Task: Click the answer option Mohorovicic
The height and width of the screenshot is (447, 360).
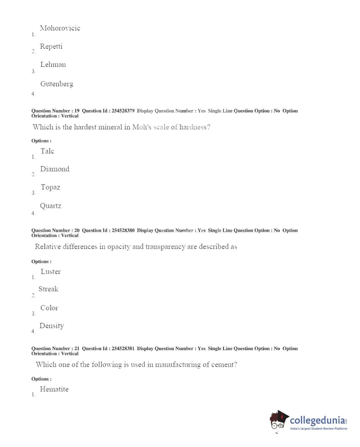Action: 60,28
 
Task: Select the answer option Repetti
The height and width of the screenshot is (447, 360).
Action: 51,47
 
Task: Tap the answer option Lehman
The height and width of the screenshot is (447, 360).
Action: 53,65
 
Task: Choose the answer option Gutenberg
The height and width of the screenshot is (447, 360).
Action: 57,84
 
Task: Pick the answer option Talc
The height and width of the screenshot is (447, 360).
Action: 47,151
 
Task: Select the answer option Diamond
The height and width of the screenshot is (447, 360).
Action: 55,169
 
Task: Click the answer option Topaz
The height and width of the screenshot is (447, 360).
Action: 50,187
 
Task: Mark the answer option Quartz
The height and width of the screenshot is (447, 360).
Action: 50,206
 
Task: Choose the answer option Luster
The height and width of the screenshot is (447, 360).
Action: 50,271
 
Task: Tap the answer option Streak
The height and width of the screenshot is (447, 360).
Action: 48,289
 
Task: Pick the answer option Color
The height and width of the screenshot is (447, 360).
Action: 49,308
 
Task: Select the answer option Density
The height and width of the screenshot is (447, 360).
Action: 51,326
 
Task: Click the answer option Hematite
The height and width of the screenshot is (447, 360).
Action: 54,389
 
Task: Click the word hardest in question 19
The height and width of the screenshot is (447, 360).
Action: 85,127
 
